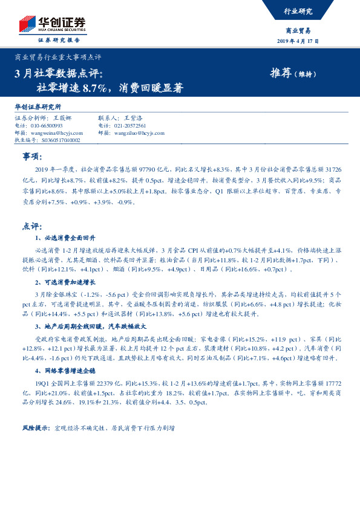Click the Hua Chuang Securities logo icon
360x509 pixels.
coord(25,22)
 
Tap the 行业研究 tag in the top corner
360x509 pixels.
coord(298,11)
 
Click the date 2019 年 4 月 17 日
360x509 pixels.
coord(298,41)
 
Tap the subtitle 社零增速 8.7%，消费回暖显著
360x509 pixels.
coord(109,88)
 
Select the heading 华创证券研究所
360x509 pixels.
coord(38,107)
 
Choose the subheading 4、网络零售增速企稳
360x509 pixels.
coord(66,370)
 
